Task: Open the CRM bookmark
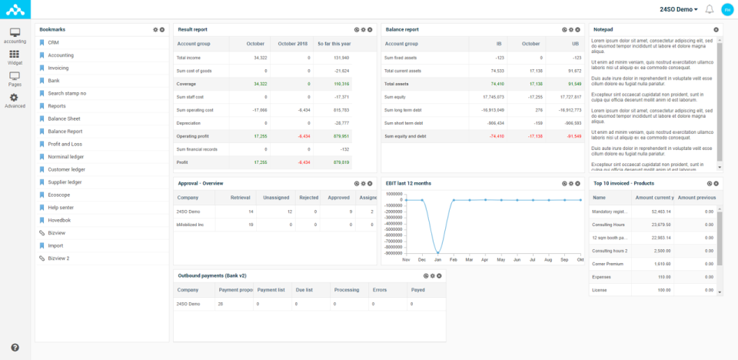click(53, 42)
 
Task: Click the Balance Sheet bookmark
click(64, 118)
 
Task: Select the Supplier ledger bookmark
click(65, 182)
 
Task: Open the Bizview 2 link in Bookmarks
click(58, 258)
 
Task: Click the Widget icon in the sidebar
click(15, 58)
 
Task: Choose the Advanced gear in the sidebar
click(15, 101)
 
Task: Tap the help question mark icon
click(15, 348)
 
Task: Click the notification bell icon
click(709, 9)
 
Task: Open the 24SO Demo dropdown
click(679, 9)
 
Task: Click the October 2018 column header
click(292, 44)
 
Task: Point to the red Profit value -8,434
click(303, 162)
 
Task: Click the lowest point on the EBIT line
click(437, 253)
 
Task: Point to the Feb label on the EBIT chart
click(454, 259)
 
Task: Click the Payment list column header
click(271, 290)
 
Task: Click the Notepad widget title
click(603, 29)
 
